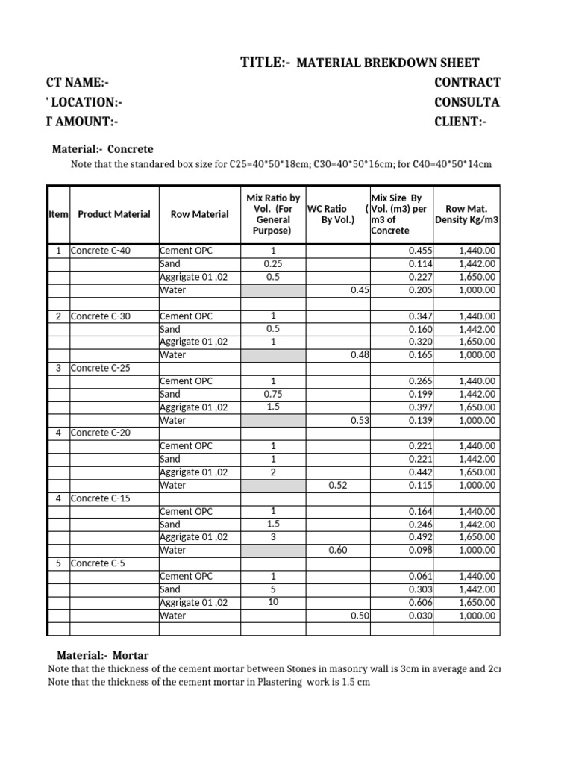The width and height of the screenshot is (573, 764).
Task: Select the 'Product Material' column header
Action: (x=114, y=214)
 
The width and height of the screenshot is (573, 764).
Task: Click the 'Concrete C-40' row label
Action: (x=101, y=251)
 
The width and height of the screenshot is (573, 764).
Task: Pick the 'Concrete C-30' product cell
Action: (x=101, y=316)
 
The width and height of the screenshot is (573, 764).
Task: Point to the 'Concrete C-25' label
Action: (x=101, y=368)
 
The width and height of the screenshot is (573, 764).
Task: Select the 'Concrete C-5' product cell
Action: (x=98, y=563)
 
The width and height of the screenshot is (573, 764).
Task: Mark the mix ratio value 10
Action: (x=272, y=602)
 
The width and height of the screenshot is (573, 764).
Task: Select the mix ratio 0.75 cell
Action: (x=272, y=394)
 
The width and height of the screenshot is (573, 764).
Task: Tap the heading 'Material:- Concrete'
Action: (x=102, y=149)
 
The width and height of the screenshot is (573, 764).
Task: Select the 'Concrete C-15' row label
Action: (x=101, y=498)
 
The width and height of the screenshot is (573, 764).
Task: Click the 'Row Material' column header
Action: (x=200, y=214)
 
